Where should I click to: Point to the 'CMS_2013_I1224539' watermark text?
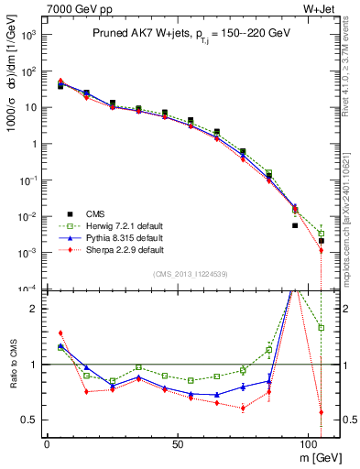pos(191,274)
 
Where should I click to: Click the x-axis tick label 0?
pos(47,442)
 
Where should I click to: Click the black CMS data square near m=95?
pos(295,224)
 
